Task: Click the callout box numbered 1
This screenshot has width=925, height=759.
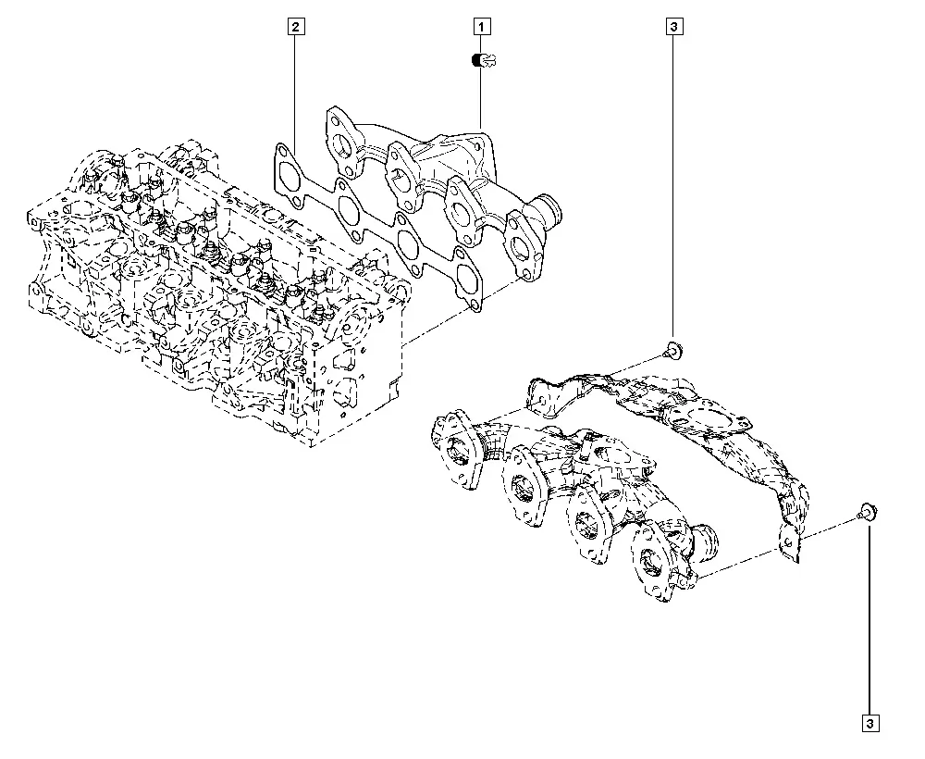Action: [481, 27]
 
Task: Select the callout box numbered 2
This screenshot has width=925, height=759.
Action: [296, 27]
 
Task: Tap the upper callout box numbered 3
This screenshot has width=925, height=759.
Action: [674, 27]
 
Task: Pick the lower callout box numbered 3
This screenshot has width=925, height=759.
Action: [870, 723]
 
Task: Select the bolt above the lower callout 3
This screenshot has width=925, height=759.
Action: [868, 511]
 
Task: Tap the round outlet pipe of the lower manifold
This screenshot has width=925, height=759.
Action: [706, 540]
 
